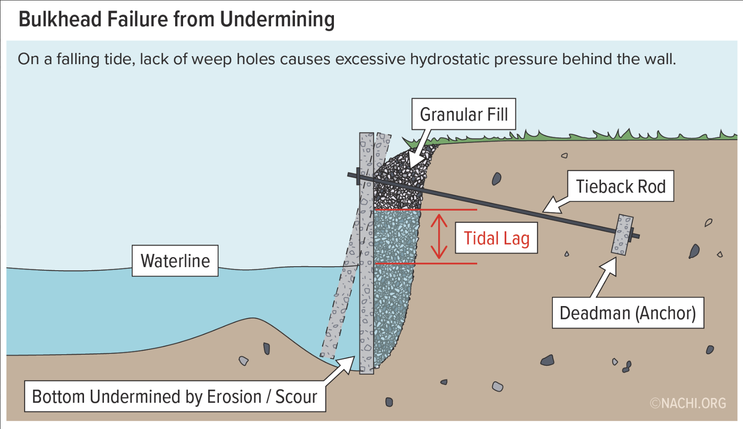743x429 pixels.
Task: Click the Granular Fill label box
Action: pos(463,114)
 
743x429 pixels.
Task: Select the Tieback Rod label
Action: pos(620,186)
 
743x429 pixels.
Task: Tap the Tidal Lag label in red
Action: pos(496,238)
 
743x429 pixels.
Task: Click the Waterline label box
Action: pos(175,261)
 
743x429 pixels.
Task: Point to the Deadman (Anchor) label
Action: pos(628,313)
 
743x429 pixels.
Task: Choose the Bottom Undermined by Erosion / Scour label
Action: pos(175,397)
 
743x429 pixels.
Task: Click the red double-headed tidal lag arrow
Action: pos(439,237)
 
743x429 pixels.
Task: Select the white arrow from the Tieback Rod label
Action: pos(556,204)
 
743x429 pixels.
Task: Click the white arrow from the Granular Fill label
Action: pos(418,150)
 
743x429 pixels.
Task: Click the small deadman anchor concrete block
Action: pos(622,235)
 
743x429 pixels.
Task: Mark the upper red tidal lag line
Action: pos(425,210)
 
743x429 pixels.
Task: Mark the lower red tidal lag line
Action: pos(425,264)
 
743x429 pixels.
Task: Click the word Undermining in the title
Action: pos(277,19)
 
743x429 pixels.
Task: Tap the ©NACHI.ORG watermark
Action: pos(688,403)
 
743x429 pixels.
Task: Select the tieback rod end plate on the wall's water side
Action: pos(357,176)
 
